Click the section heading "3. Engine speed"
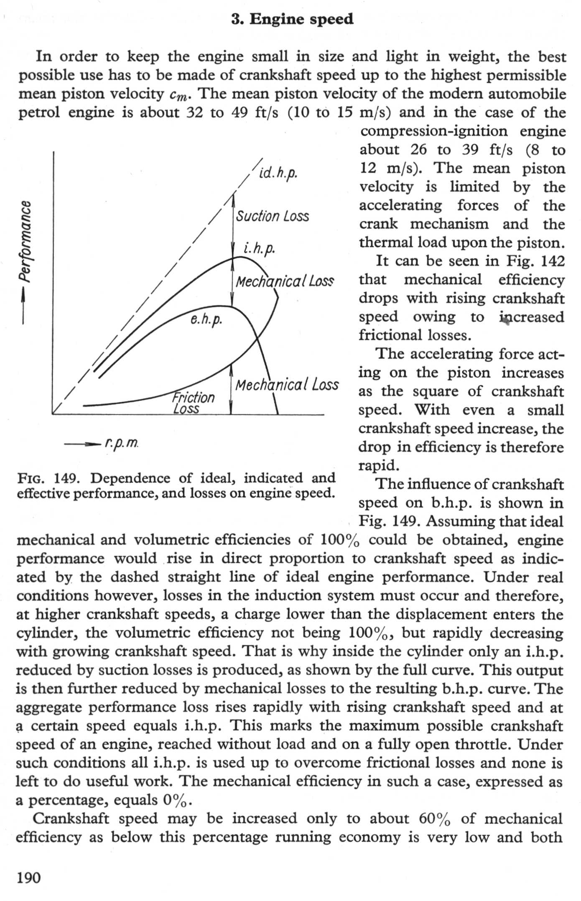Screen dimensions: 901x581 292,19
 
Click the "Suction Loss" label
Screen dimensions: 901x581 272,216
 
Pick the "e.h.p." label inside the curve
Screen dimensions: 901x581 206,320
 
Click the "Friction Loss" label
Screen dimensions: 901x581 193,402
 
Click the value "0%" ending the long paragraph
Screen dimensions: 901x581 177,800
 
